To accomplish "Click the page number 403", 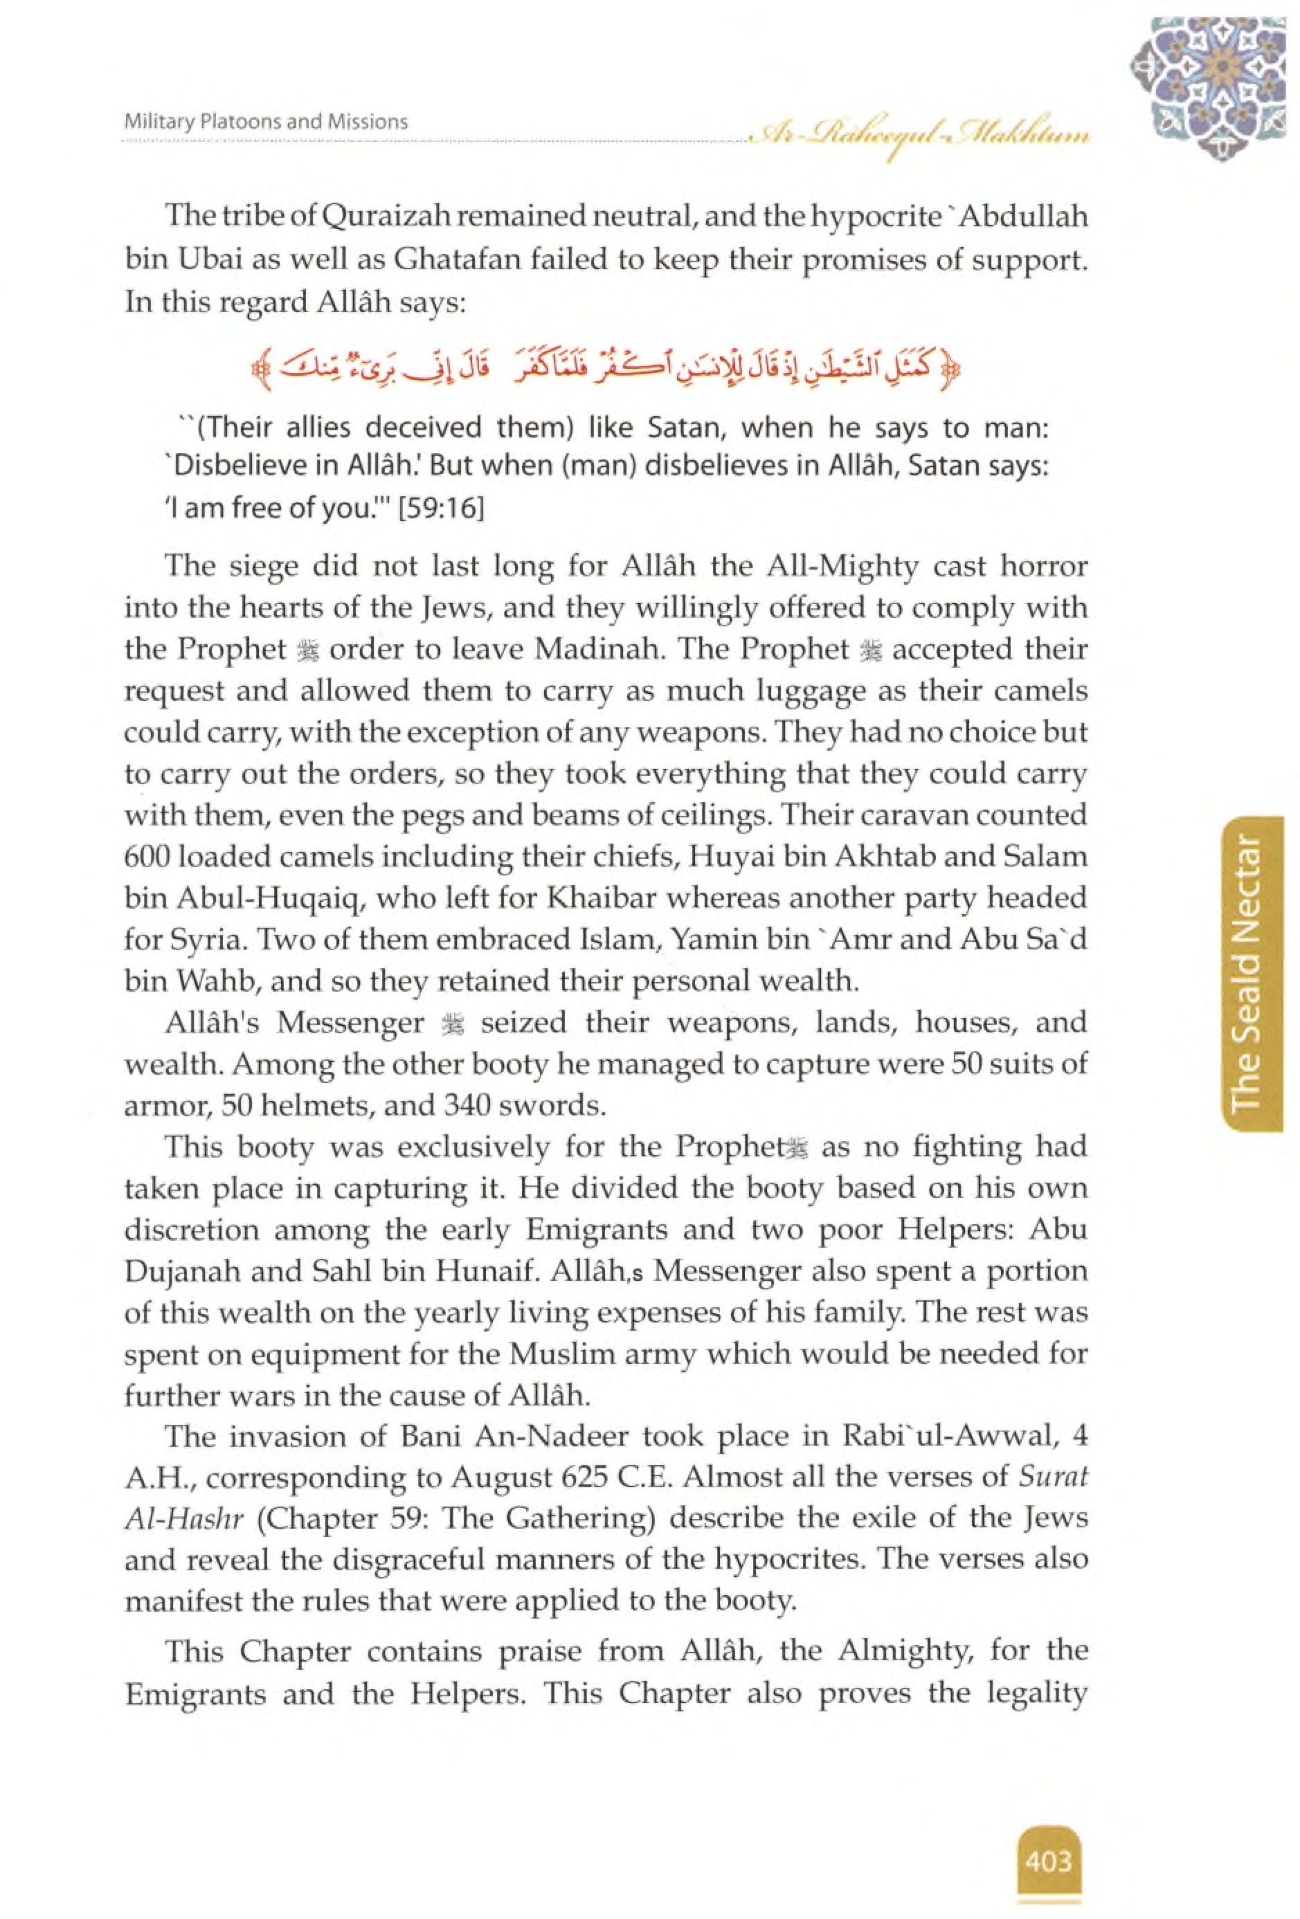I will point(1048,1838).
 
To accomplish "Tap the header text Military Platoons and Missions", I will point(266,122).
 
